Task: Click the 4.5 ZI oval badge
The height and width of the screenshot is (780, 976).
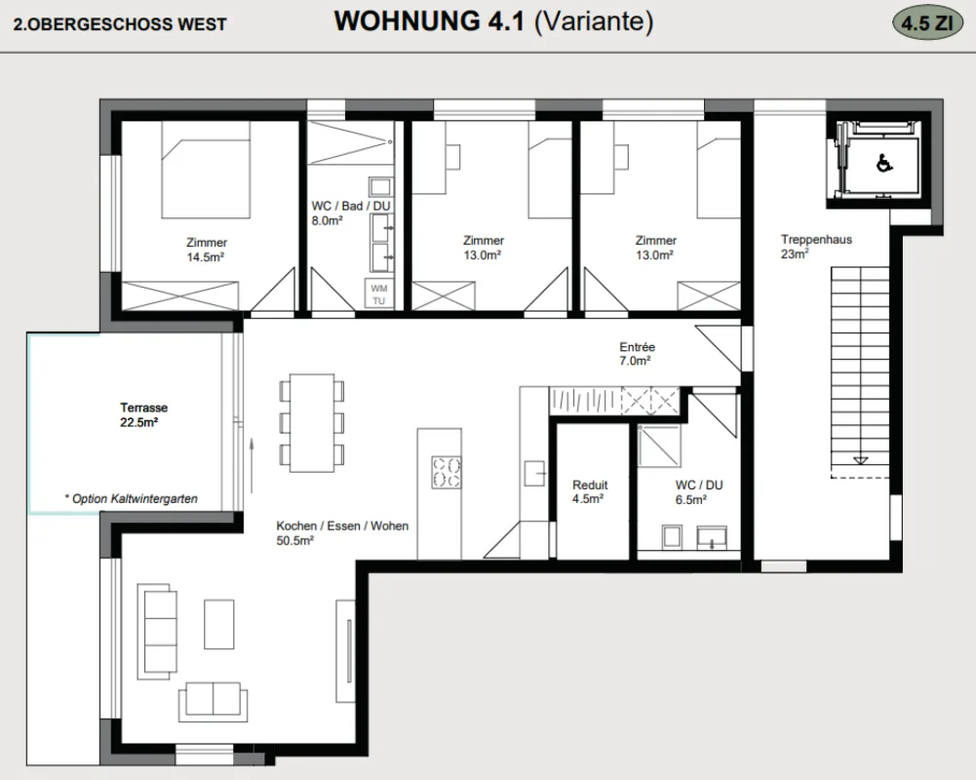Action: tap(927, 23)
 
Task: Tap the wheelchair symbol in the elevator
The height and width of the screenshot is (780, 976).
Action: tap(884, 164)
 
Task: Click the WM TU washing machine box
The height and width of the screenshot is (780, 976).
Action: tap(378, 294)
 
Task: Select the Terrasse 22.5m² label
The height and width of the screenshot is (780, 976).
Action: tap(143, 415)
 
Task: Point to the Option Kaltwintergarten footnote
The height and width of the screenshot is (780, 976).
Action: tap(131, 498)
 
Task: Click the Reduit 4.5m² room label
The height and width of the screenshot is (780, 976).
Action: tap(590, 491)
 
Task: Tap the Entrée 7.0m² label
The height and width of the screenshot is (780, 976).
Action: tap(637, 354)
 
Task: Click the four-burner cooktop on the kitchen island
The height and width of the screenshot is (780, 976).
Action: tap(447, 472)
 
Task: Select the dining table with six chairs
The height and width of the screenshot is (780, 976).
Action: tap(312, 423)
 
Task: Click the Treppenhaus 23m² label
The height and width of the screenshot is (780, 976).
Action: tap(816, 247)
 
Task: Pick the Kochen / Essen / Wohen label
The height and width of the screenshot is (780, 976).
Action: tap(342, 526)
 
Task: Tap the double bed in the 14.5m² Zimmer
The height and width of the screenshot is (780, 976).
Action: tap(206, 170)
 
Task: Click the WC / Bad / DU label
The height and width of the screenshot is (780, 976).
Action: tap(351, 206)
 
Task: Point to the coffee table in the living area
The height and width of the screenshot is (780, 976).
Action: tap(219, 624)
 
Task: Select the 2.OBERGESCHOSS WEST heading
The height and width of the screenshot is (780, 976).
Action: tap(120, 24)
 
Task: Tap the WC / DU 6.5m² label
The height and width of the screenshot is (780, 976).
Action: tap(698, 491)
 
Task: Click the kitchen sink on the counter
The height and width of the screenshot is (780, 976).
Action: tap(534, 473)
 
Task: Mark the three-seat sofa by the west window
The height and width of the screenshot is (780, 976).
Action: tap(159, 631)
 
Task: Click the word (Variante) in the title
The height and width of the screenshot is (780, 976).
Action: tap(594, 21)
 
